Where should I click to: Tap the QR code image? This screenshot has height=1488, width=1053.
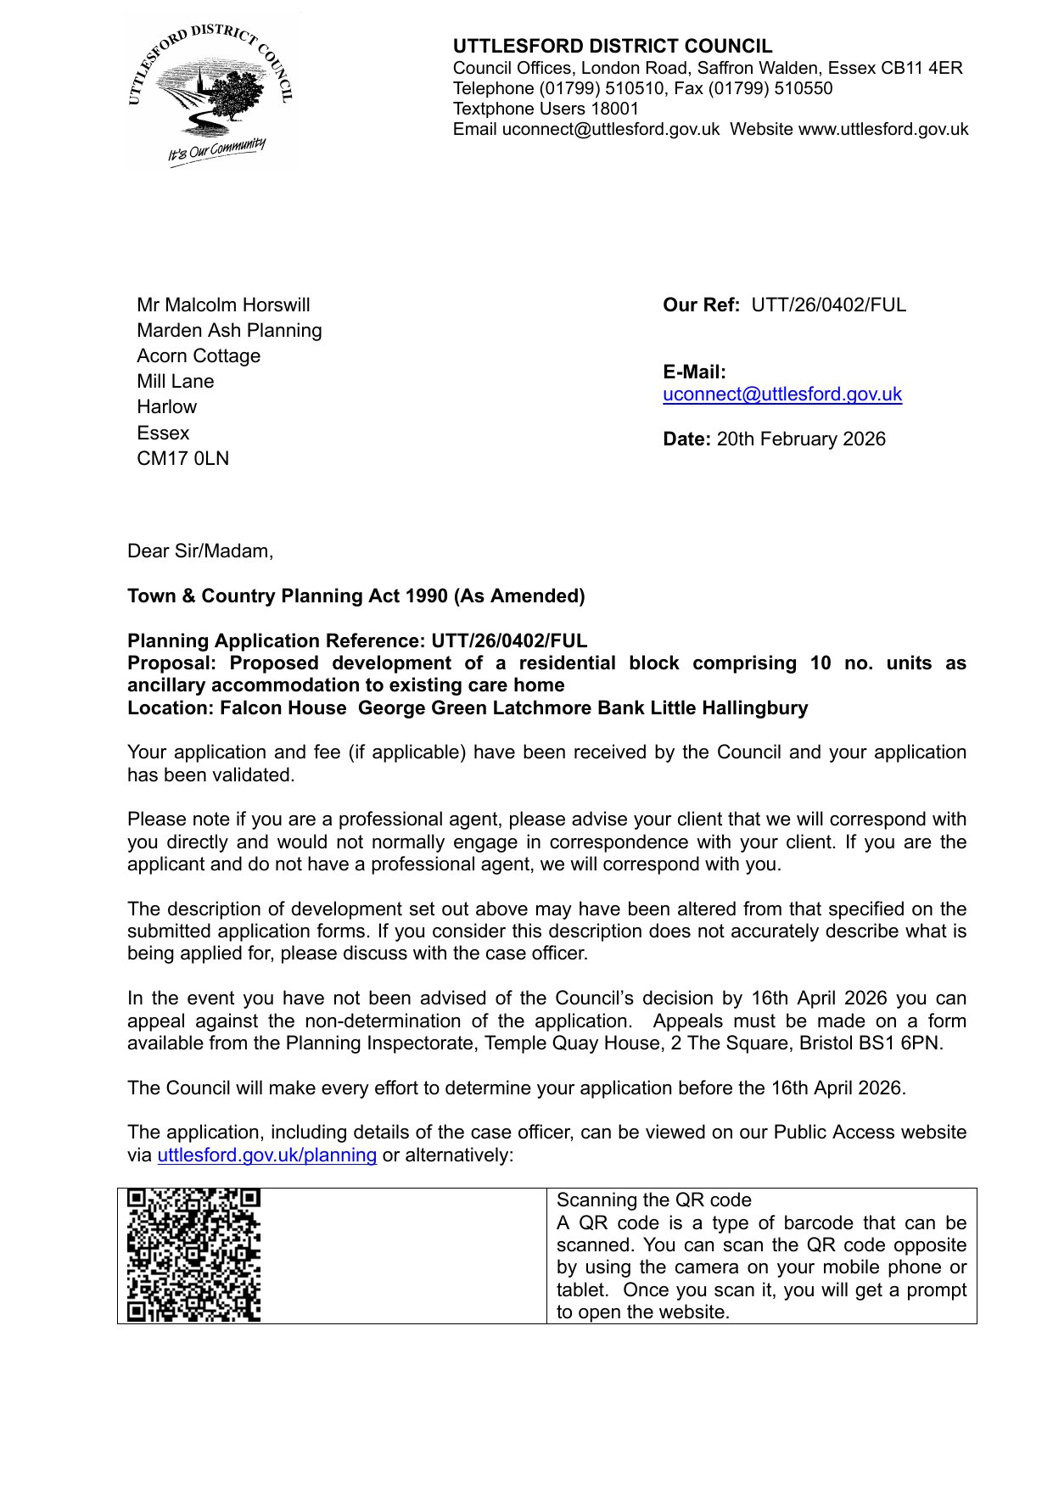point(193,1256)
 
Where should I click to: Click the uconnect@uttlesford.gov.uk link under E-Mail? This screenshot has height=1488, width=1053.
point(781,394)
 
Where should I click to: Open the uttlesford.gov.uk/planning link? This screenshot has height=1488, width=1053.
point(266,1155)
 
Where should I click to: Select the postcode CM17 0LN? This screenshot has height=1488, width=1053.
point(182,459)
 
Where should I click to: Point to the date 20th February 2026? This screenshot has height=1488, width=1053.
point(800,439)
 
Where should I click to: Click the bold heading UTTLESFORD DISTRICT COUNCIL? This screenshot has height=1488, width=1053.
point(612,47)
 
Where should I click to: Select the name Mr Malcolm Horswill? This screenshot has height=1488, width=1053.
point(223,305)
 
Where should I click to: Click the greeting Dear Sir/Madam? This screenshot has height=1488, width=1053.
point(199,551)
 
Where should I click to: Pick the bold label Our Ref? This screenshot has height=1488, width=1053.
point(701,305)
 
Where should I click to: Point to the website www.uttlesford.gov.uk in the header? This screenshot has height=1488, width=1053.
point(882,130)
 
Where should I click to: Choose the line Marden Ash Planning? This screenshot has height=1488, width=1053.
point(229,331)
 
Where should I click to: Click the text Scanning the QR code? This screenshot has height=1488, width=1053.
point(653,1200)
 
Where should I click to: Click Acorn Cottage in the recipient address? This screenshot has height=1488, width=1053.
point(199,356)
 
